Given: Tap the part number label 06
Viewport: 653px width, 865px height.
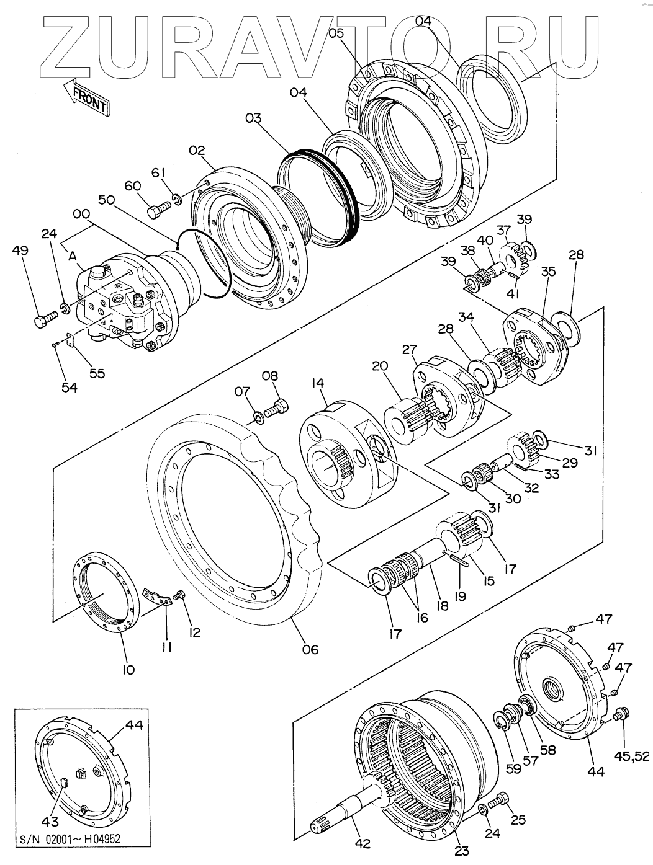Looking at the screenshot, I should point(310,649).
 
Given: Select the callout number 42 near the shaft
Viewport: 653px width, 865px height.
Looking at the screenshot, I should point(362,843).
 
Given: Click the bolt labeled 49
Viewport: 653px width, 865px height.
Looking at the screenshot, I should point(44,321).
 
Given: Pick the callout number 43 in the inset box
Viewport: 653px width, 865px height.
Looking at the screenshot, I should point(50,822).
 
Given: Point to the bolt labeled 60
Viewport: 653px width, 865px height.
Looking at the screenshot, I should point(160,211).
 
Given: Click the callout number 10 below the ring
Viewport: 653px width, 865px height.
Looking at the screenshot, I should point(128,670).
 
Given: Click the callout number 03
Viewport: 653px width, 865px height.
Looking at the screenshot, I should point(253,117).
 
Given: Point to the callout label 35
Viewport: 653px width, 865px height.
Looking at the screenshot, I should point(548,272).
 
